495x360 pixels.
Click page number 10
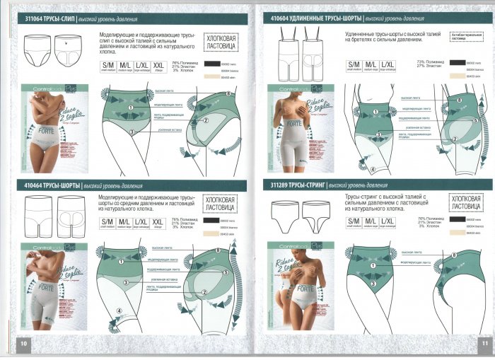coord(23,343)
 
